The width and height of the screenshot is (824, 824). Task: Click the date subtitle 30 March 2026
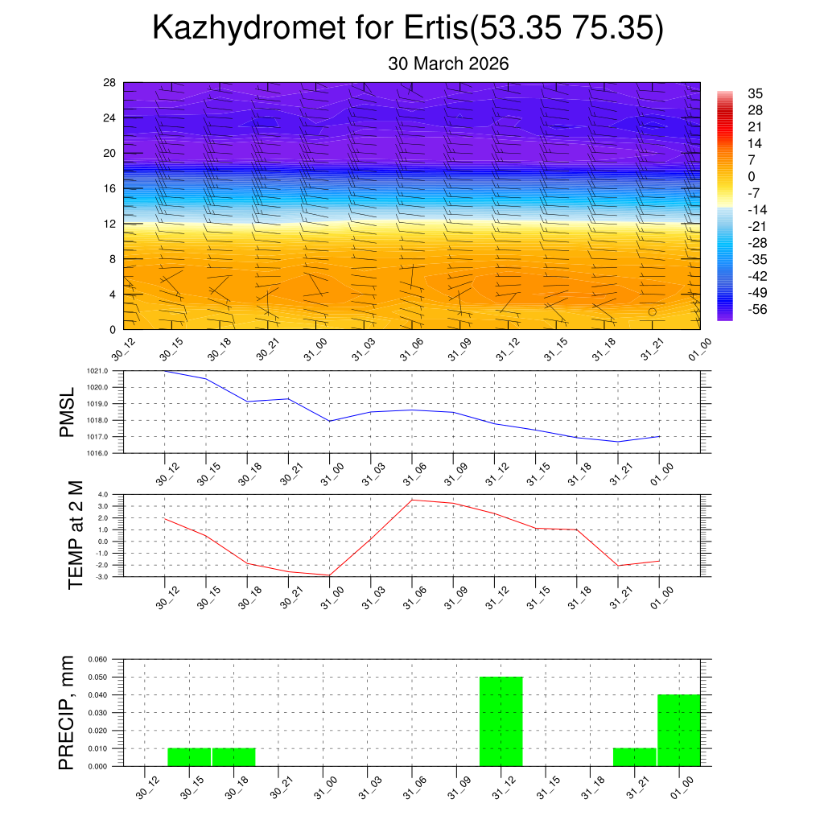click(x=448, y=64)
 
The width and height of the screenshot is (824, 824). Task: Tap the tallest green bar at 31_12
click(x=501, y=721)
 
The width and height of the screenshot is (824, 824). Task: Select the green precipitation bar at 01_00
click(x=678, y=730)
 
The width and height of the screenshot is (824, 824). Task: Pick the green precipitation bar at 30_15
click(x=189, y=757)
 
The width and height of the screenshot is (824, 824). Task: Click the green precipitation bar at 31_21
click(x=634, y=757)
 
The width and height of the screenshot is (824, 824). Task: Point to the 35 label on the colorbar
click(x=756, y=93)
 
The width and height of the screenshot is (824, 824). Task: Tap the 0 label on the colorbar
click(x=752, y=177)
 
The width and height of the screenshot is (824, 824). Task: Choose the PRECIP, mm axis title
click(x=68, y=712)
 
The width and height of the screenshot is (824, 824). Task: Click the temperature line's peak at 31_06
click(x=412, y=500)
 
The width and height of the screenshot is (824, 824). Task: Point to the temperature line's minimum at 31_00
click(x=329, y=575)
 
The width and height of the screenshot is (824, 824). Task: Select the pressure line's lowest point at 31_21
click(x=618, y=442)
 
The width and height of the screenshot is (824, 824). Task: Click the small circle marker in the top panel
click(x=653, y=311)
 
